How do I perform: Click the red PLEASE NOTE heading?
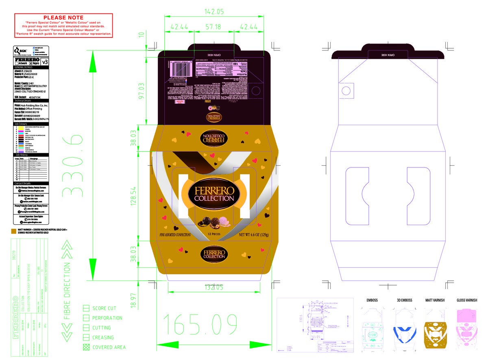pyautogui.click(x=63, y=17)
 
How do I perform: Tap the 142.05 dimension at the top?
pyautogui.click(x=214, y=12)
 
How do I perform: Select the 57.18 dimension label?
pyautogui.click(x=213, y=27)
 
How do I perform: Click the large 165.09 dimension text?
pyautogui.click(x=201, y=323)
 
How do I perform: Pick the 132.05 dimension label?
pyautogui.click(x=214, y=287)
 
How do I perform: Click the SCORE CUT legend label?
pyautogui.click(x=104, y=308)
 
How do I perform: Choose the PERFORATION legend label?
pyautogui.click(x=107, y=318)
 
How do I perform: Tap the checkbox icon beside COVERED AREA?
pyautogui.click(x=86, y=347)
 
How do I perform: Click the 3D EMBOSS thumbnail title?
pyautogui.click(x=404, y=300)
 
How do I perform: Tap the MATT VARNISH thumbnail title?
pyautogui.click(x=435, y=300)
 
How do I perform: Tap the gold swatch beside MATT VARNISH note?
pyautogui.click(x=13, y=231)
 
